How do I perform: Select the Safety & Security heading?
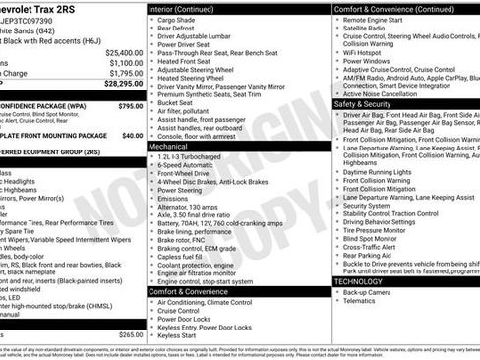(x=363, y=103)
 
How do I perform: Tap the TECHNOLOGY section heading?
(x=359, y=280)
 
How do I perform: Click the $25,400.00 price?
(x=124, y=51)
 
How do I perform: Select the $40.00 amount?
(x=133, y=136)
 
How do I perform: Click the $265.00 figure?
(x=130, y=335)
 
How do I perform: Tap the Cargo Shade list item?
(x=177, y=20)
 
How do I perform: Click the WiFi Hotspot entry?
(x=370, y=51)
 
